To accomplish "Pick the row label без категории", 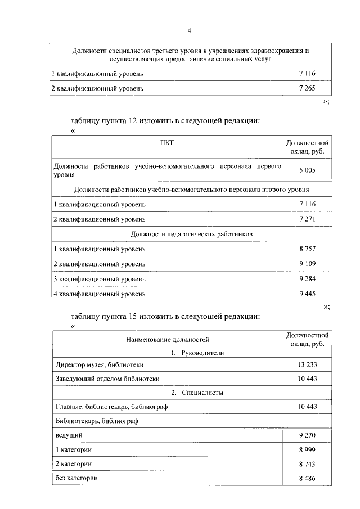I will (76, 478).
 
